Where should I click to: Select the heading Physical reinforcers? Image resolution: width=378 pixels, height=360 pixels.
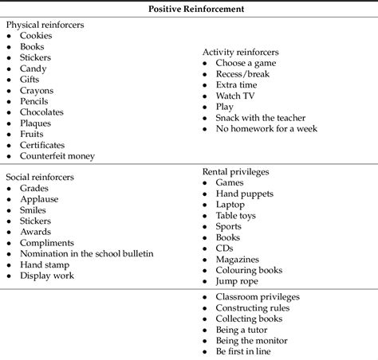[x=45, y=25]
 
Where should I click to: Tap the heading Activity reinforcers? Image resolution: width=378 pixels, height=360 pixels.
[x=240, y=52]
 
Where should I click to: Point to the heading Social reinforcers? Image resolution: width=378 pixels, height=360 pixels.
[x=41, y=177]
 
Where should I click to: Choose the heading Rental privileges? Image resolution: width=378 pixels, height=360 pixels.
[x=235, y=171]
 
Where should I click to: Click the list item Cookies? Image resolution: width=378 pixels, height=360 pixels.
[x=37, y=36]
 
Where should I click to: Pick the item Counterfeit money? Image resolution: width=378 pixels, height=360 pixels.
[x=58, y=156]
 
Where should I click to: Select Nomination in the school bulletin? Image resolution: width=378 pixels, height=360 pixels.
[x=87, y=253]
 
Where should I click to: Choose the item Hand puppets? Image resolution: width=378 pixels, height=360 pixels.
[x=244, y=194]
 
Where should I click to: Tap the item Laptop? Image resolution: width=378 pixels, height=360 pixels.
[x=230, y=204]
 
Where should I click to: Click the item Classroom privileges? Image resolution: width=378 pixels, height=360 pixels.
[x=257, y=297]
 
